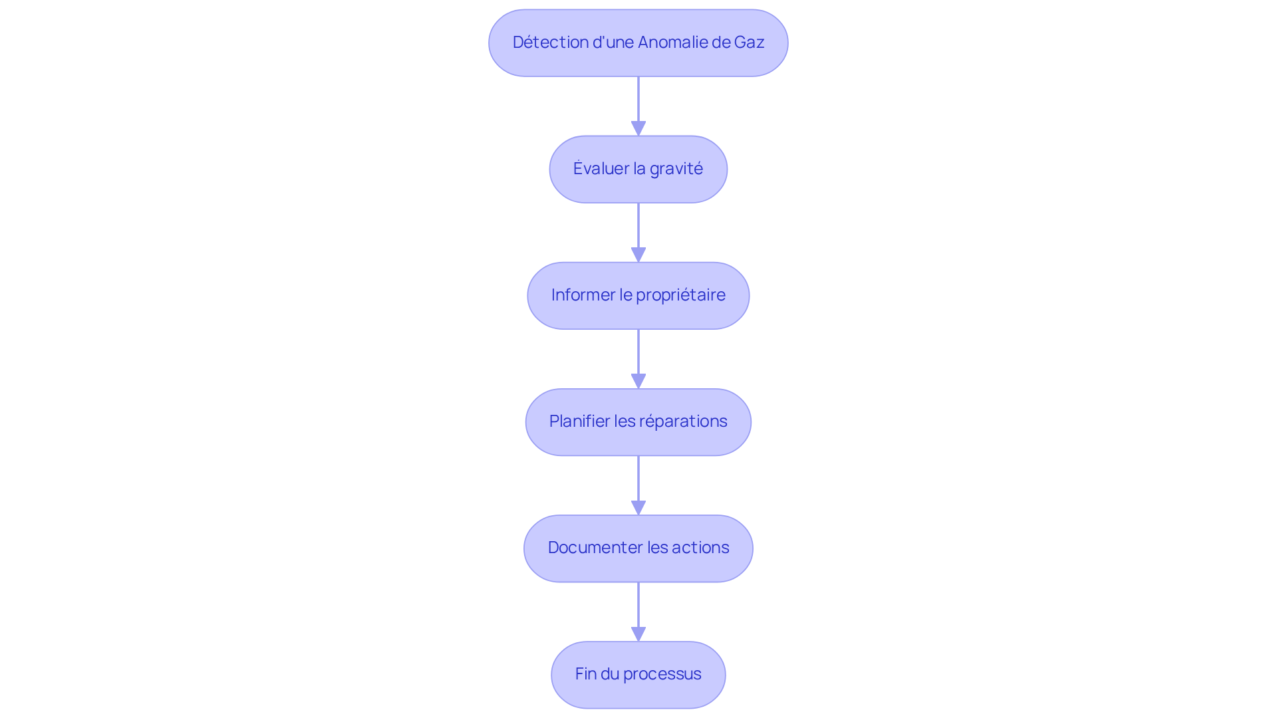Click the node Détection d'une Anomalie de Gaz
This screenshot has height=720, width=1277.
click(x=638, y=43)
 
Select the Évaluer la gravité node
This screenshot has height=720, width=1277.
click(x=638, y=169)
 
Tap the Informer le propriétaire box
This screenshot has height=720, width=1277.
click(x=638, y=295)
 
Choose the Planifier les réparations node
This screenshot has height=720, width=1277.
click(x=638, y=421)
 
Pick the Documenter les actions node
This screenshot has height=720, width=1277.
click(x=638, y=548)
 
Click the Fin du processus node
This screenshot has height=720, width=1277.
click(x=638, y=674)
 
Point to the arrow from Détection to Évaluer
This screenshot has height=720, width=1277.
click(x=638, y=106)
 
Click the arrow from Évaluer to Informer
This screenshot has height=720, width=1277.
click(x=638, y=233)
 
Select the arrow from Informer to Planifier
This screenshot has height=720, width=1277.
click(x=638, y=359)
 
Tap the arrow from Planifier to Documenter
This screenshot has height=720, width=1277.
click(x=638, y=485)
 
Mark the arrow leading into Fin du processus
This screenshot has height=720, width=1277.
click(x=638, y=612)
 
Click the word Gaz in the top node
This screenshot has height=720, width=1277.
click(x=749, y=43)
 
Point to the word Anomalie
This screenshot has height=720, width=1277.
click(x=672, y=43)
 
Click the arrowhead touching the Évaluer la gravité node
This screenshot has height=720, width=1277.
click(x=638, y=129)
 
